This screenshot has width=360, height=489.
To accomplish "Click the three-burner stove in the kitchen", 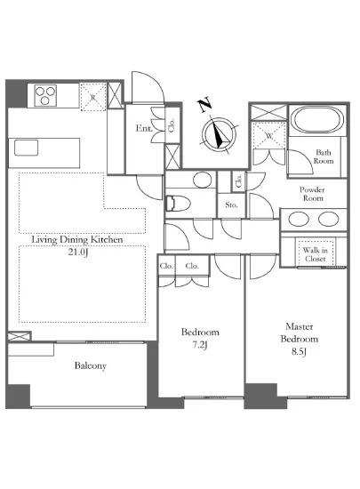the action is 45,95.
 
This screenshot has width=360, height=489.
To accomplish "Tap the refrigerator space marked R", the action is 92,97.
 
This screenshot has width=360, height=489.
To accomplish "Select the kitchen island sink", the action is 27,148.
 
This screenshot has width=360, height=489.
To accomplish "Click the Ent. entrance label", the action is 144,128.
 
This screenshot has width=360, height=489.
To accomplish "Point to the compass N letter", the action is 204,106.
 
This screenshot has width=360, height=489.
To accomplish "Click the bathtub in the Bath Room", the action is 317,120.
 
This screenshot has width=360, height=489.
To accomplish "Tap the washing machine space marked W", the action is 268,135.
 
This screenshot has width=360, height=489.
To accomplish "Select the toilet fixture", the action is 178,204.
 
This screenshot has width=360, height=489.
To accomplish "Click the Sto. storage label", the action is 231,205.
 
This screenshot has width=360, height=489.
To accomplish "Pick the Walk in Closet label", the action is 316,254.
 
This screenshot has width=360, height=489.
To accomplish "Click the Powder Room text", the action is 312,194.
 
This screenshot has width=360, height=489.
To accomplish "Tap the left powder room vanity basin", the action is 299,219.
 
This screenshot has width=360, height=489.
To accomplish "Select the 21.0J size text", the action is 78,252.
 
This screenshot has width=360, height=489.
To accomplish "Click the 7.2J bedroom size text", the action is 200,345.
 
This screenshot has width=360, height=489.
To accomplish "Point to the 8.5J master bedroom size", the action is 300,352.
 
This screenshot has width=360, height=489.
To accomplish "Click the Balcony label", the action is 91,365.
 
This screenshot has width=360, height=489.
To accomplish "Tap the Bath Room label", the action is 324,156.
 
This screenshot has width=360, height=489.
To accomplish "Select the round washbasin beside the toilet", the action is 203,180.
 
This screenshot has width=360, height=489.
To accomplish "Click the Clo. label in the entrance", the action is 172,125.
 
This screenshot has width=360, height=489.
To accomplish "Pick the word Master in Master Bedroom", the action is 300,326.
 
